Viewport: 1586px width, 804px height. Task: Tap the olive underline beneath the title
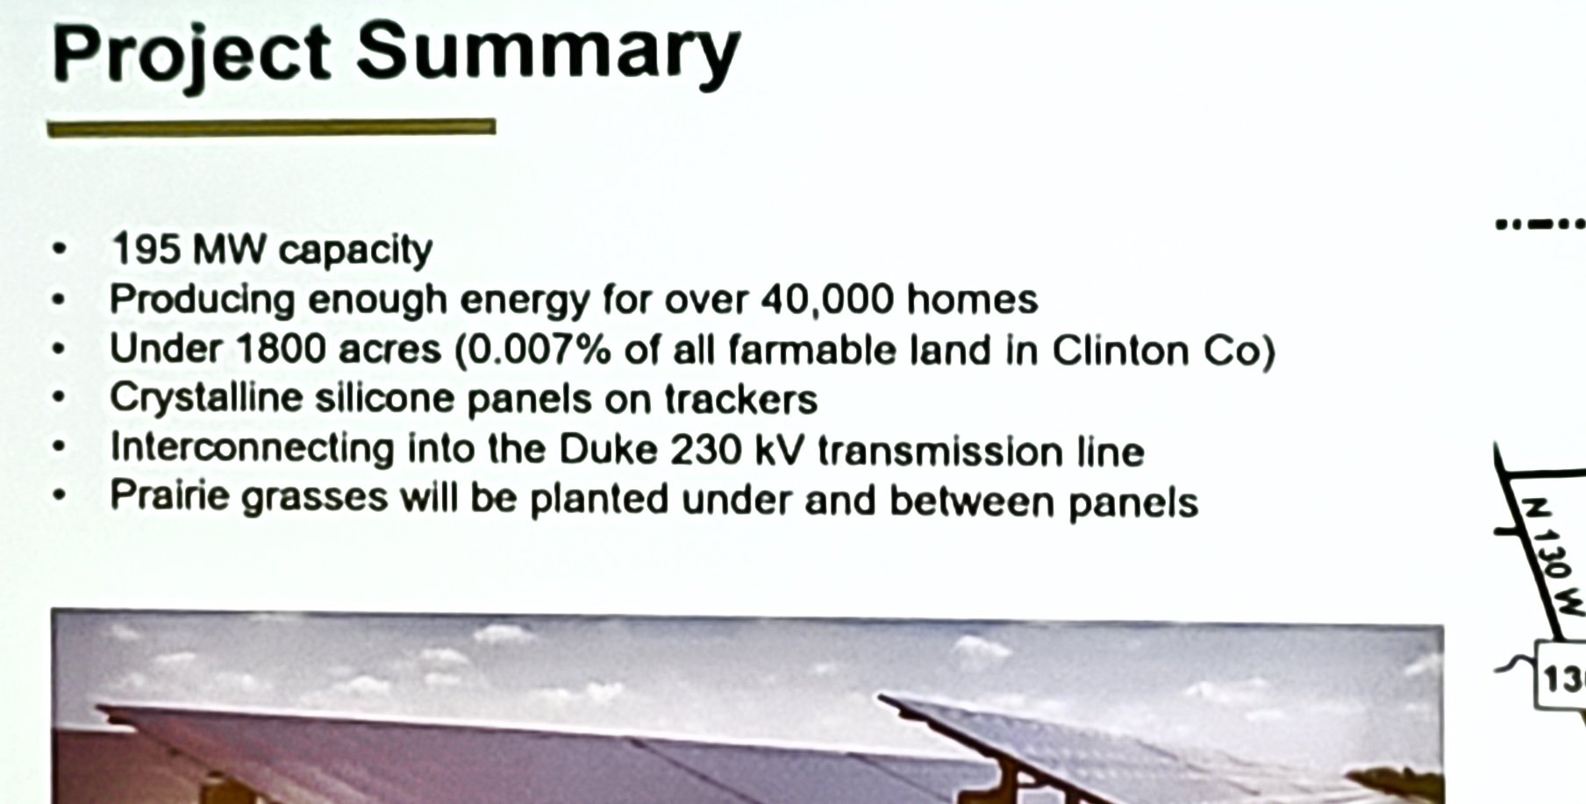coord(271,128)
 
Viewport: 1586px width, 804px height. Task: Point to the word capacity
coord(355,252)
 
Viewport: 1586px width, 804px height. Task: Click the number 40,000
coord(827,301)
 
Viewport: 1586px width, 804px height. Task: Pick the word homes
coord(972,300)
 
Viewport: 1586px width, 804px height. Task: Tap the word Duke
coord(608,450)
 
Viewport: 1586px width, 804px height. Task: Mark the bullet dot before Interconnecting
coord(59,446)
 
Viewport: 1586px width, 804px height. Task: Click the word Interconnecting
coord(252,448)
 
